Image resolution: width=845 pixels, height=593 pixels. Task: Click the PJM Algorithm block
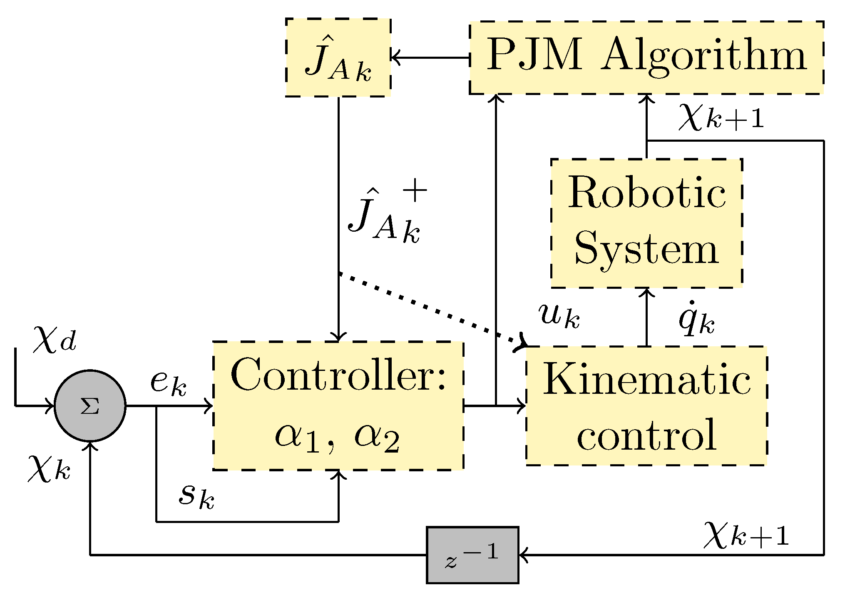coord(646,58)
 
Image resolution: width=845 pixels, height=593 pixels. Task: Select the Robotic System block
coord(646,223)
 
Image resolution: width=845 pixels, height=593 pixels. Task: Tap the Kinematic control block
coord(646,406)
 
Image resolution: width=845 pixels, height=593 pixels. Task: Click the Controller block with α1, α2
coord(338,406)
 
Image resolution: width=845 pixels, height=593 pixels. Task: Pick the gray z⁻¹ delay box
coord(472,555)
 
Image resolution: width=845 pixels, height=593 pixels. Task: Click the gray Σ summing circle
coord(90,405)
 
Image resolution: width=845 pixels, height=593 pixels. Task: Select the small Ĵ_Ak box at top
coord(338,58)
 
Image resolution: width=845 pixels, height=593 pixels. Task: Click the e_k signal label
coord(168,382)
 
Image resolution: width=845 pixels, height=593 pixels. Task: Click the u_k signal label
coord(559,315)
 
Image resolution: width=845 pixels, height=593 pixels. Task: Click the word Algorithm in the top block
coord(703,56)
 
